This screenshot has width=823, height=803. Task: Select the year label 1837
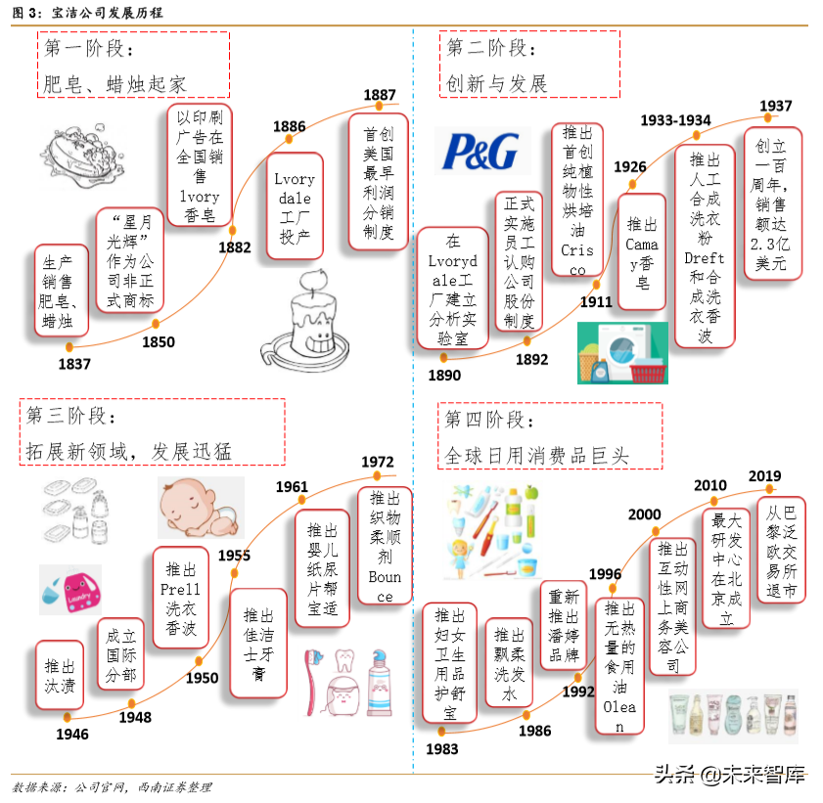coord(74,365)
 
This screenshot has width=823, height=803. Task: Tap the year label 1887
coord(380,95)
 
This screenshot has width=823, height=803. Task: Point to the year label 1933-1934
coord(675,120)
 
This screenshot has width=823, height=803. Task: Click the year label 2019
coord(764,476)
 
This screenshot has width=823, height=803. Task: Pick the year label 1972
coord(378,462)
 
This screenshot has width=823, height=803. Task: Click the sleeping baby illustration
coord(201,508)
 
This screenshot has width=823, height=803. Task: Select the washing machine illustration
coord(622,352)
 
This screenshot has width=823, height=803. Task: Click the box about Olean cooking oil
coord(618,666)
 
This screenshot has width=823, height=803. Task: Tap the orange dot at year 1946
coord(68,719)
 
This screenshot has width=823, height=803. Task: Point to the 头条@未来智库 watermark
coord(729,775)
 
